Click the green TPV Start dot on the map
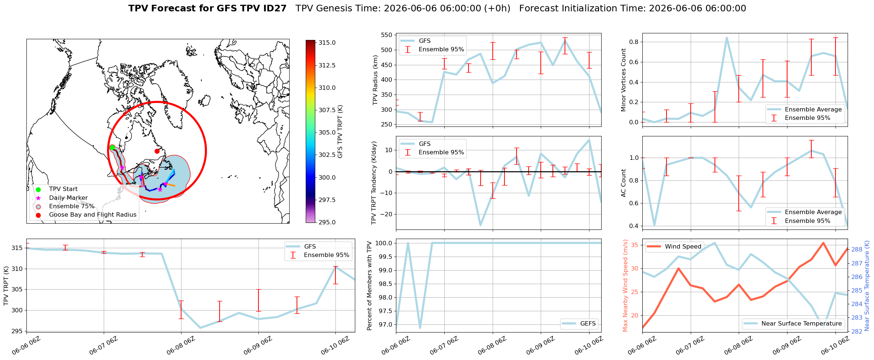coord(112,147)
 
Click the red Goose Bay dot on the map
coord(157,151)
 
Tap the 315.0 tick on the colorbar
coord(327,43)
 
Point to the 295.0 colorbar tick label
coord(327,222)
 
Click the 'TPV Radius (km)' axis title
coord(375,80)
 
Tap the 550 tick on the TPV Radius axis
coord(387,35)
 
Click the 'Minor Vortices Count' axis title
coord(623,80)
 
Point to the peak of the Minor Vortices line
coord(727,38)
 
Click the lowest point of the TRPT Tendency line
coord(480,225)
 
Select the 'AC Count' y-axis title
coord(623,183)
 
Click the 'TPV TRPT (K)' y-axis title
coord(6,286)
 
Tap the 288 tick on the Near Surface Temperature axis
coord(857,250)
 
